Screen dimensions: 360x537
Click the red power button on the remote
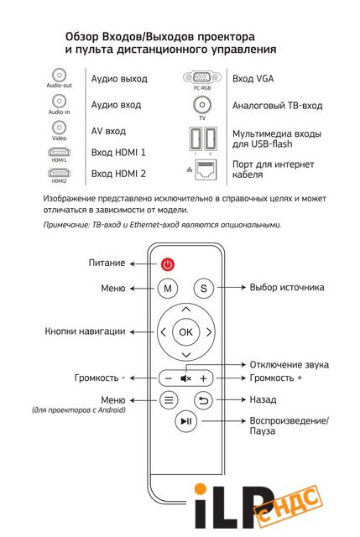(168, 264)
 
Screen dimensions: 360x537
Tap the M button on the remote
(168, 289)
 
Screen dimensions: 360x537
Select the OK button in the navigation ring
(185, 332)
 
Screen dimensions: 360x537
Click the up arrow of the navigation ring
(186, 310)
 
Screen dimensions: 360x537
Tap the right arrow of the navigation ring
(209, 332)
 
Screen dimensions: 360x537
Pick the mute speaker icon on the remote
(185, 378)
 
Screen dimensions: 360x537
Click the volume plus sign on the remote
(203, 378)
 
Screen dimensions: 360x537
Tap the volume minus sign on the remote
(168, 378)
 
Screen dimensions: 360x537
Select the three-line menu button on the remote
(169, 399)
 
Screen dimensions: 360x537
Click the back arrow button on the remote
(203, 399)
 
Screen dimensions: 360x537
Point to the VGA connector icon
(202, 77)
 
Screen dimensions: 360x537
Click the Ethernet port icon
(206, 169)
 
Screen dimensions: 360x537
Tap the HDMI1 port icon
(60, 152)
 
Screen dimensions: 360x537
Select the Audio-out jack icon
(60, 75)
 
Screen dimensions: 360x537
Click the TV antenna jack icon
(202, 105)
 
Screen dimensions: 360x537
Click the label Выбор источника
(287, 287)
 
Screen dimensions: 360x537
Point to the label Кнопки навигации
(85, 331)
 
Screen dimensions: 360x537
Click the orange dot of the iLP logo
(201, 489)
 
